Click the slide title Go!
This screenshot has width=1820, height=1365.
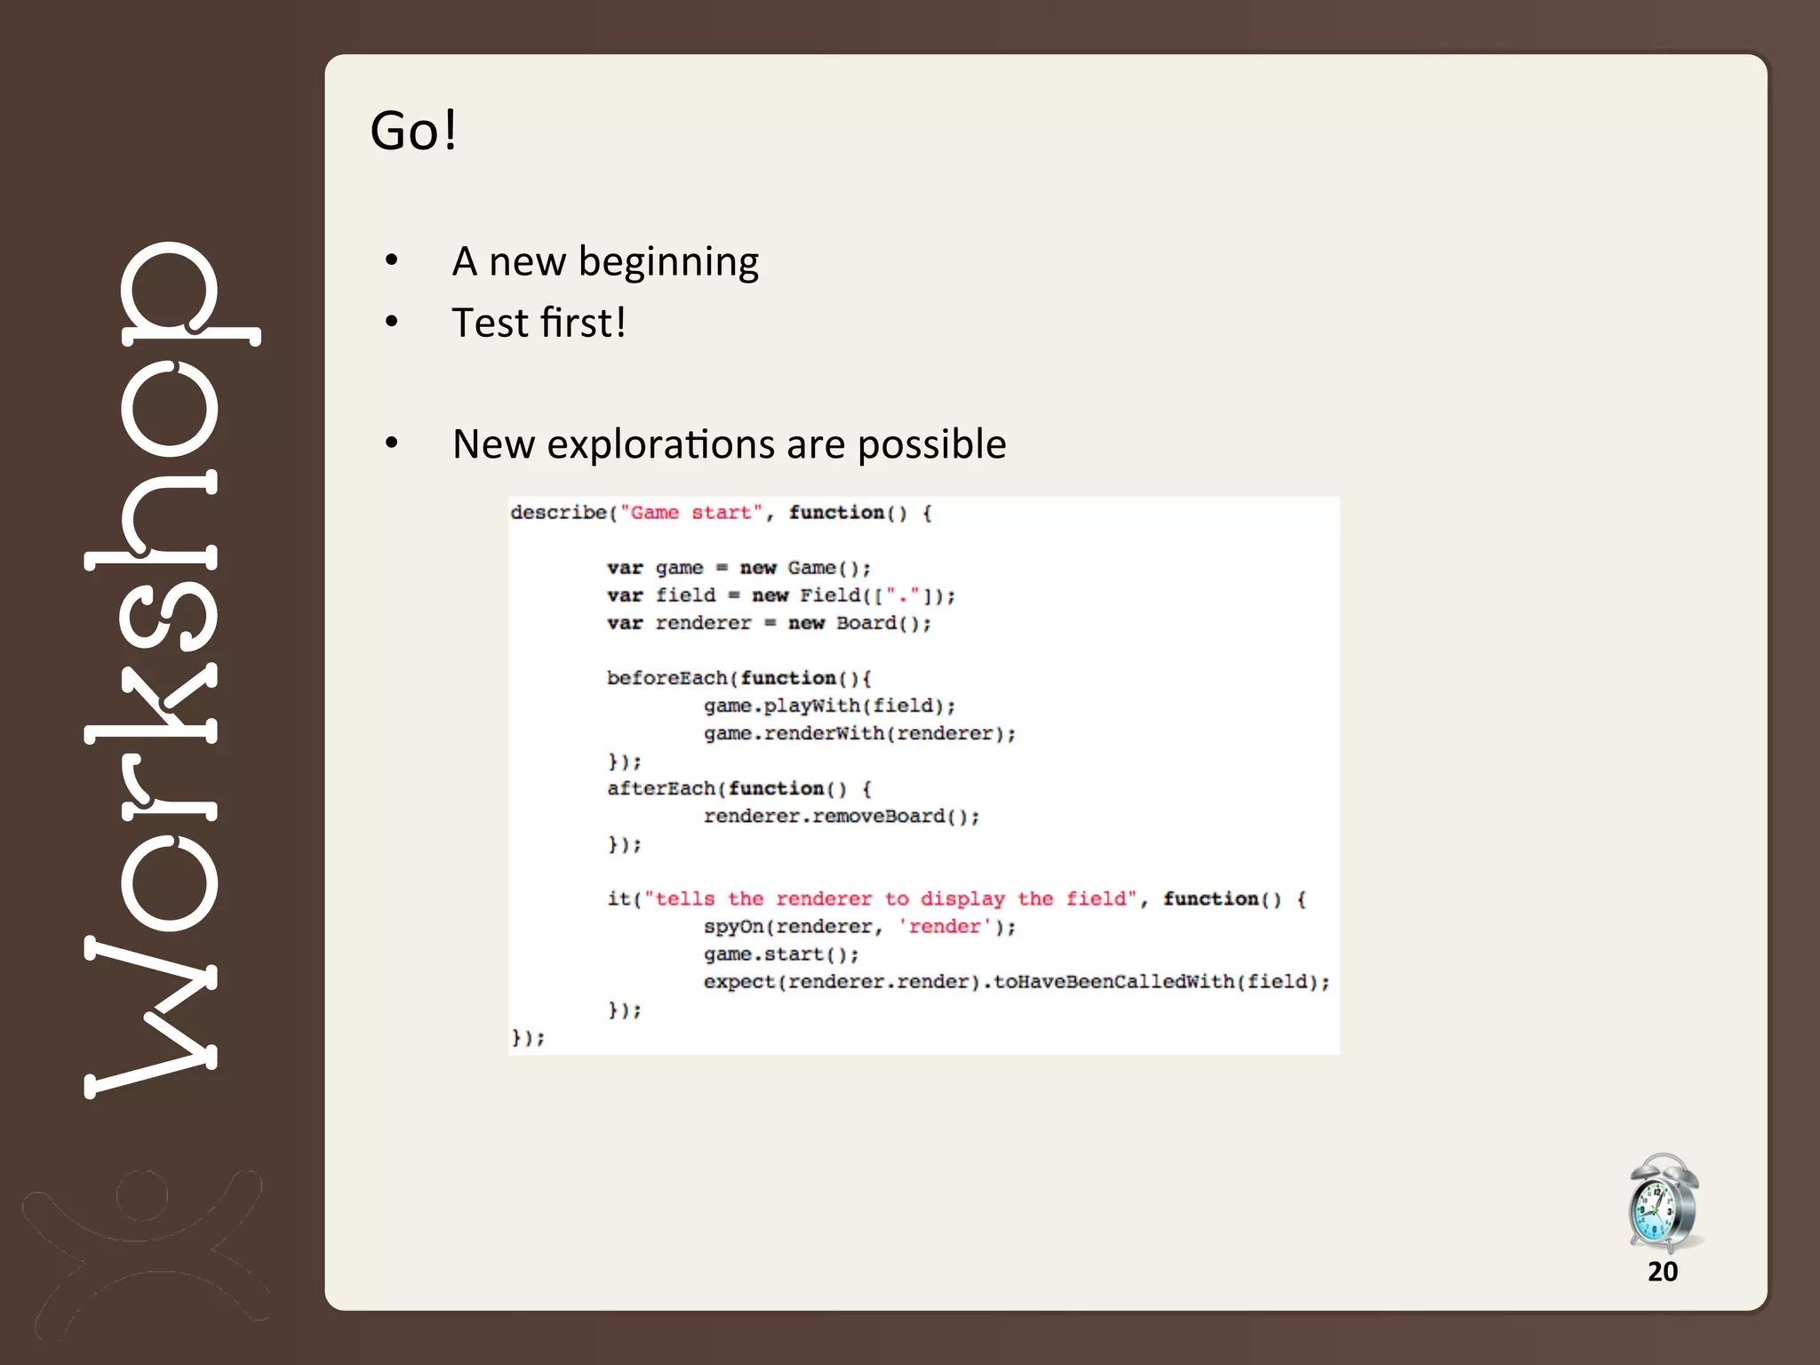pos(413,131)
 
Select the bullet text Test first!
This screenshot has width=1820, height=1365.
pos(539,323)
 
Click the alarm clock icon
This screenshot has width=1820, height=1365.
pos(1663,1202)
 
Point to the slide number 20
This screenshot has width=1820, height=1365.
pos(1662,1272)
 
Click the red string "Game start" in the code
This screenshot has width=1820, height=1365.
pos(690,513)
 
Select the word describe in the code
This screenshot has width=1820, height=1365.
pos(558,513)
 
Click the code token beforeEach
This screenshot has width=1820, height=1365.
pos(667,678)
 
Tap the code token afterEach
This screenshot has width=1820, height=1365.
pos(661,788)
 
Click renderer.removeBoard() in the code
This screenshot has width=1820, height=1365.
pos(841,816)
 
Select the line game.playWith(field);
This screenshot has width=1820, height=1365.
pos(829,706)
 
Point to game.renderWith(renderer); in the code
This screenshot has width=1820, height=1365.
pos(859,733)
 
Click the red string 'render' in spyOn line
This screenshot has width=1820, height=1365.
pos(944,926)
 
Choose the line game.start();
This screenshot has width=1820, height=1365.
pos(780,954)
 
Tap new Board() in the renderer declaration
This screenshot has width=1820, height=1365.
pos(858,623)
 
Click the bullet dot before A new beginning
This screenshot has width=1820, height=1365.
pos(391,261)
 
